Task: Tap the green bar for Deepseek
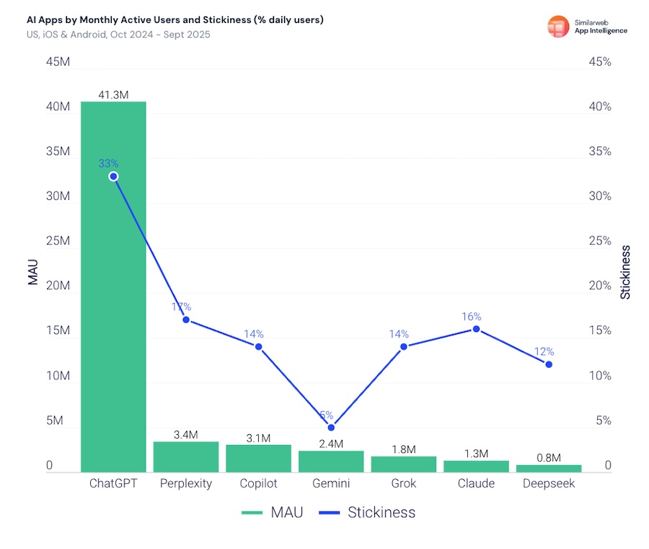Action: pos(549,468)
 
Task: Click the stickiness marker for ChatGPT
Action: pos(113,176)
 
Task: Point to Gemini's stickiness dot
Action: pos(331,427)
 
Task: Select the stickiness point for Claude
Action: pos(476,329)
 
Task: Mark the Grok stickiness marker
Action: pos(404,346)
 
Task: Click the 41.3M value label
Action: pos(113,95)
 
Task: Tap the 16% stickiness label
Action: pos(472,317)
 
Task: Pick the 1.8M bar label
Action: pos(404,449)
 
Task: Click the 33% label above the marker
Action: pos(109,164)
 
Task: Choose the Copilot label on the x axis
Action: pos(258,483)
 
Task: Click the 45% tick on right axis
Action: pos(600,62)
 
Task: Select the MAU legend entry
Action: pos(272,513)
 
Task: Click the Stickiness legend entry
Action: pos(368,513)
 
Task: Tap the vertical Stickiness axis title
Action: pos(626,273)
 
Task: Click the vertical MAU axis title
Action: pos(33,273)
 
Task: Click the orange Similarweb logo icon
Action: pos(558,26)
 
